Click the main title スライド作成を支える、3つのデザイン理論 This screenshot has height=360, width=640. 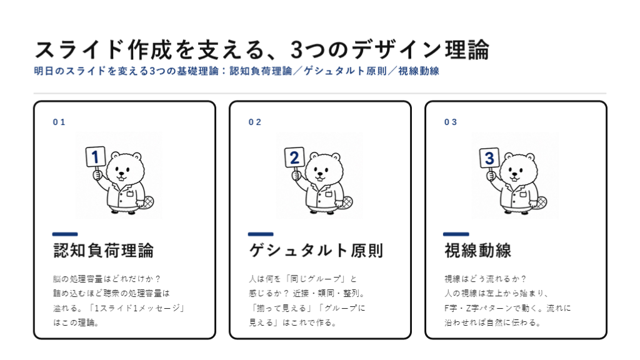coord(262,50)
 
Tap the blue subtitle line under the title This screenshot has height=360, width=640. coord(236,71)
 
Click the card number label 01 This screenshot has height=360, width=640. coord(59,122)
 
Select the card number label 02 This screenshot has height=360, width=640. coord(255,122)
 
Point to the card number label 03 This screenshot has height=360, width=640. coord(451,122)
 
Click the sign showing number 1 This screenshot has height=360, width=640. coord(96,157)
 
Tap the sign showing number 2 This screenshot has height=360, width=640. coord(294,157)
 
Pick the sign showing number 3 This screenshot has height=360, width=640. coord(489,158)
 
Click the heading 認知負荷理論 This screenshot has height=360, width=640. coord(104,251)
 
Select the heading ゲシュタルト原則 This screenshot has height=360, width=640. coord(316,251)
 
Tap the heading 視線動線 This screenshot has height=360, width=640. coord(477,251)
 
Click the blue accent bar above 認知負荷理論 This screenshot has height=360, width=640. coord(65,234)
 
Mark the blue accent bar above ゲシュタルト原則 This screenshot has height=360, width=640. coord(261,234)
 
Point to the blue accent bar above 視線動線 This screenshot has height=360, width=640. coord(456,234)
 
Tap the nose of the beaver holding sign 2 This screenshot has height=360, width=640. coord(321,172)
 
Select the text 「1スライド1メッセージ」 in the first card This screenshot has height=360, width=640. coord(136,308)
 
